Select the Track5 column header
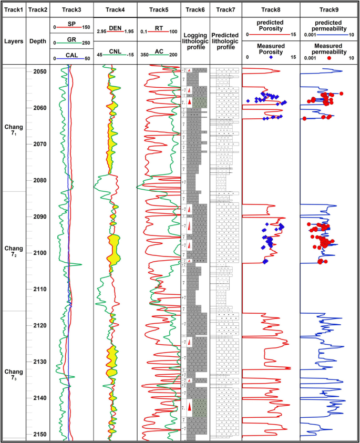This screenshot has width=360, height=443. click(159, 9)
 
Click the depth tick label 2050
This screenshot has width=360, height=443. click(39, 72)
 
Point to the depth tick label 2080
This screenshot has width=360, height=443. click(39, 181)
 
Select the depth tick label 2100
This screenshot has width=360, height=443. click(39, 253)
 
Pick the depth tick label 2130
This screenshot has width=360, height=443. click(39, 362)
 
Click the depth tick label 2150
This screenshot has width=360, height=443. click(39, 435)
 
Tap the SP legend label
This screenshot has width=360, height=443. click(72, 24)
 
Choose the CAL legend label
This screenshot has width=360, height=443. click(72, 55)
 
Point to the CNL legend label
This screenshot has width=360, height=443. click(115, 51)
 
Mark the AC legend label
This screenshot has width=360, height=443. click(159, 51)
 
